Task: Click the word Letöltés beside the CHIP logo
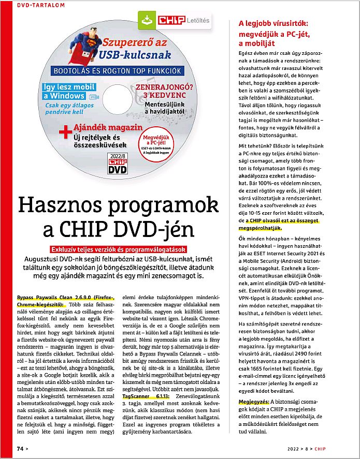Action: (x=198, y=21)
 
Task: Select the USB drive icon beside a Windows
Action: (x=93, y=96)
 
